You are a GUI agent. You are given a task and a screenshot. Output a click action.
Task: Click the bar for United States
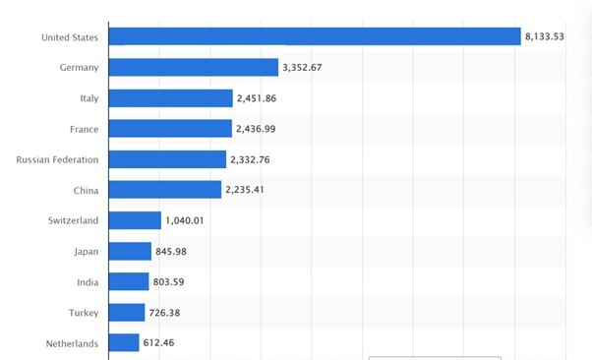click(314, 37)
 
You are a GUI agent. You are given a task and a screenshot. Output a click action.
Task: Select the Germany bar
click(193, 67)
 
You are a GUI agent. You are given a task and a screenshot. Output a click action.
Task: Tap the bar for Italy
click(170, 98)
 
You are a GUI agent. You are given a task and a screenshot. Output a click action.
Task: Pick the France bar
click(170, 129)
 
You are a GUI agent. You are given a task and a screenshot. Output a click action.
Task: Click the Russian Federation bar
click(167, 159)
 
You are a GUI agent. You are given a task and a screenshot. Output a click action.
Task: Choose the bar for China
click(164, 190)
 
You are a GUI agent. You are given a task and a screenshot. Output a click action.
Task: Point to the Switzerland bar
click(135, 220)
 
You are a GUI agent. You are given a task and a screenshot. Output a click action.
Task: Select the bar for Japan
click(130, 251)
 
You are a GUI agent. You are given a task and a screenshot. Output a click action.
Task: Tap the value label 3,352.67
click(309, 68)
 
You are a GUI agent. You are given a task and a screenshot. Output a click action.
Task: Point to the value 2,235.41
click(252, 190)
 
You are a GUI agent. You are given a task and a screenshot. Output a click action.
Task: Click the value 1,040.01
click(185, 220)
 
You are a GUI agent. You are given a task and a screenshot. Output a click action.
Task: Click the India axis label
click(88, 282)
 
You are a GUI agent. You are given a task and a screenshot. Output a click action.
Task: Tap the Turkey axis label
click(84, 313)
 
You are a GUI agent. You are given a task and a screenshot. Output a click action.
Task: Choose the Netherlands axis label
click(72, 343)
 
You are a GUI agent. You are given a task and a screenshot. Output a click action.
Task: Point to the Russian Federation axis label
click(58, 159)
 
